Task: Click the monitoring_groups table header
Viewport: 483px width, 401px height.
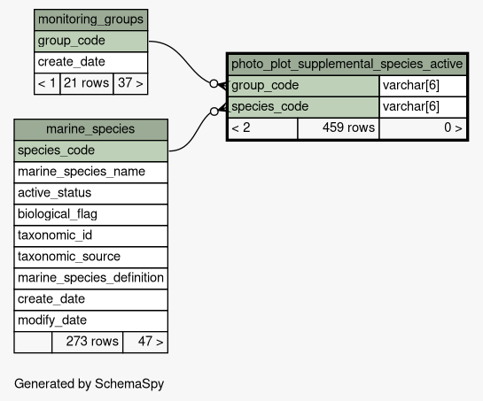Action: click(x=91, y=19)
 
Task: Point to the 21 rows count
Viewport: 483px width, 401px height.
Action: click(x=87, y=83)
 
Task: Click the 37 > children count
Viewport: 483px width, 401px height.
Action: click(x=130, y=83)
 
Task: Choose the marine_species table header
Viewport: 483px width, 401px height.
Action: click(x=91, y=129)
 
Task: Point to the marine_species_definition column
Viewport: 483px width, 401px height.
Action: click(x=91, y=278)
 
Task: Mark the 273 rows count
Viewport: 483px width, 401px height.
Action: click(x=92, y=342)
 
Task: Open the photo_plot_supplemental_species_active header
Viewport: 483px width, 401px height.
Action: click(x=347, y=65)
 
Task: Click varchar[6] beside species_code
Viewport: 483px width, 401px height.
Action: click(x=411, y=107)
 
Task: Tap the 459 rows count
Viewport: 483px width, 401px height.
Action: click(x=348, y=127)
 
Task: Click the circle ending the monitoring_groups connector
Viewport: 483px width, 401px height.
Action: click(x=214, y=83)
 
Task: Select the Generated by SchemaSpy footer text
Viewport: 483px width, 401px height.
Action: click(x=89, y=384)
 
